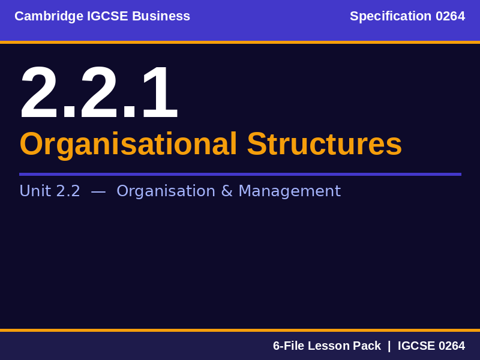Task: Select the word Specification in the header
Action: pyautogui.click(x=391, y=16)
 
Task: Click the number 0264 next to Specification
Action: pyautogui.click(x=450, y=16)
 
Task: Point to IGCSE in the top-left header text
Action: pyautogui.click(x=107, y=16)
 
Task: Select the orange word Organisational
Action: pyautogui.click(x=128, y=144)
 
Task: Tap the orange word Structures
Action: pyautogui.click(x=324, y=144)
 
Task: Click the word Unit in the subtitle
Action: pyautogui.click(x=35, y=191)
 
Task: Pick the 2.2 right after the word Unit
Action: pyautogui.click(x=68, y=191)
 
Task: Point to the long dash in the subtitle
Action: pyautogui.click(x=98, y=191)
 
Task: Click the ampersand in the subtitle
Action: pyautogui.click(x=227, y=191)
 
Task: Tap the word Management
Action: pyautogui.click(x=289, y=191)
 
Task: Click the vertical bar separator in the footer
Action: pyautogui.click(x=389, y=346)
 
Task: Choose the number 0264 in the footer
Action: pyautogui.click(x=451, y=346)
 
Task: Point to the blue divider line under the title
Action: pyautogui.click(x=240, y=174)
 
